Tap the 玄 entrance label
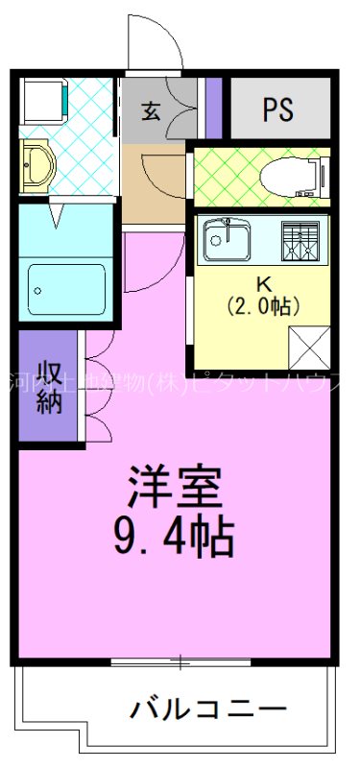[x=151, y=109]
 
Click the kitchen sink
[x=228, y=237]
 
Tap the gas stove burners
[x=300, y=238]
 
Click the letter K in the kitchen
[x=262, y=284]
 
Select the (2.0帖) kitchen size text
[x=262, y=307]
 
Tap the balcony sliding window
[x=179, y=662]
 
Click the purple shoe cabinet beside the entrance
[x=214, y=108]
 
